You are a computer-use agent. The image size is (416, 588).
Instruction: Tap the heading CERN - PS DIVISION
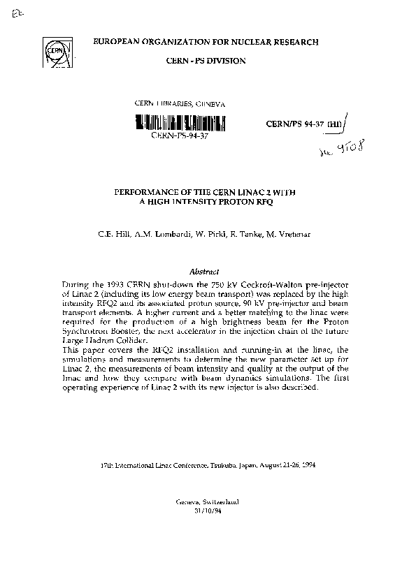tap(206, 61)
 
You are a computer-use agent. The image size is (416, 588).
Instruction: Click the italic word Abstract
tap(205, 271)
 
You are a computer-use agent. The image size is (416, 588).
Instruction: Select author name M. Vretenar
tap(290, 233)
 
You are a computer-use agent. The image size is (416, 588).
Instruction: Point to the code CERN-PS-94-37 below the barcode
tap(180, 136)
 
